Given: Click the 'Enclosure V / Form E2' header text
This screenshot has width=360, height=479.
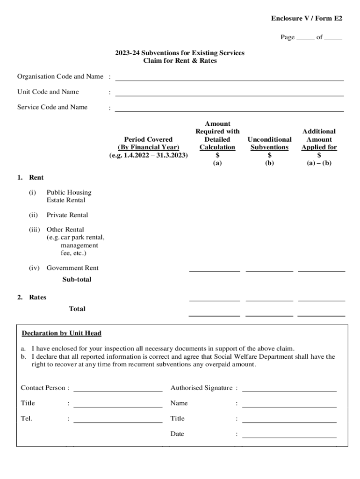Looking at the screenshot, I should coord(306,18).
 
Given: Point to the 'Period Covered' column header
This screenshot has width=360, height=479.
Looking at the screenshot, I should coord(148,139).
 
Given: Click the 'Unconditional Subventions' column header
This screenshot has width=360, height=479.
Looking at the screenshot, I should coord(269,143).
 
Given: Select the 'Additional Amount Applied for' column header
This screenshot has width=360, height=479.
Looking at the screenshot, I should coord(319,139).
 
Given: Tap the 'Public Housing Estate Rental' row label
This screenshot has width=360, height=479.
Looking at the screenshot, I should coord(69,196).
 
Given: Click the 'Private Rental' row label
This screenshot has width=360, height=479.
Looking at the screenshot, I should coord(67,215).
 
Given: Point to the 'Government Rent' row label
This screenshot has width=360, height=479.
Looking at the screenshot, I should coord(72,268).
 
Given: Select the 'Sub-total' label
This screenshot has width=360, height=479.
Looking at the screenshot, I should coord(77,279).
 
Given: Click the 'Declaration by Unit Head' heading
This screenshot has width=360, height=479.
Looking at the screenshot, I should coord(61,334).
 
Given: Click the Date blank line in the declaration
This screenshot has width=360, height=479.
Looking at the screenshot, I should coord(289,436).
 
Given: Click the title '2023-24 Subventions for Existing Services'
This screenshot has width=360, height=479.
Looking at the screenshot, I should coord(180,53).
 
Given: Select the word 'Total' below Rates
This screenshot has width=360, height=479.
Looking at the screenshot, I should coord(77,309).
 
